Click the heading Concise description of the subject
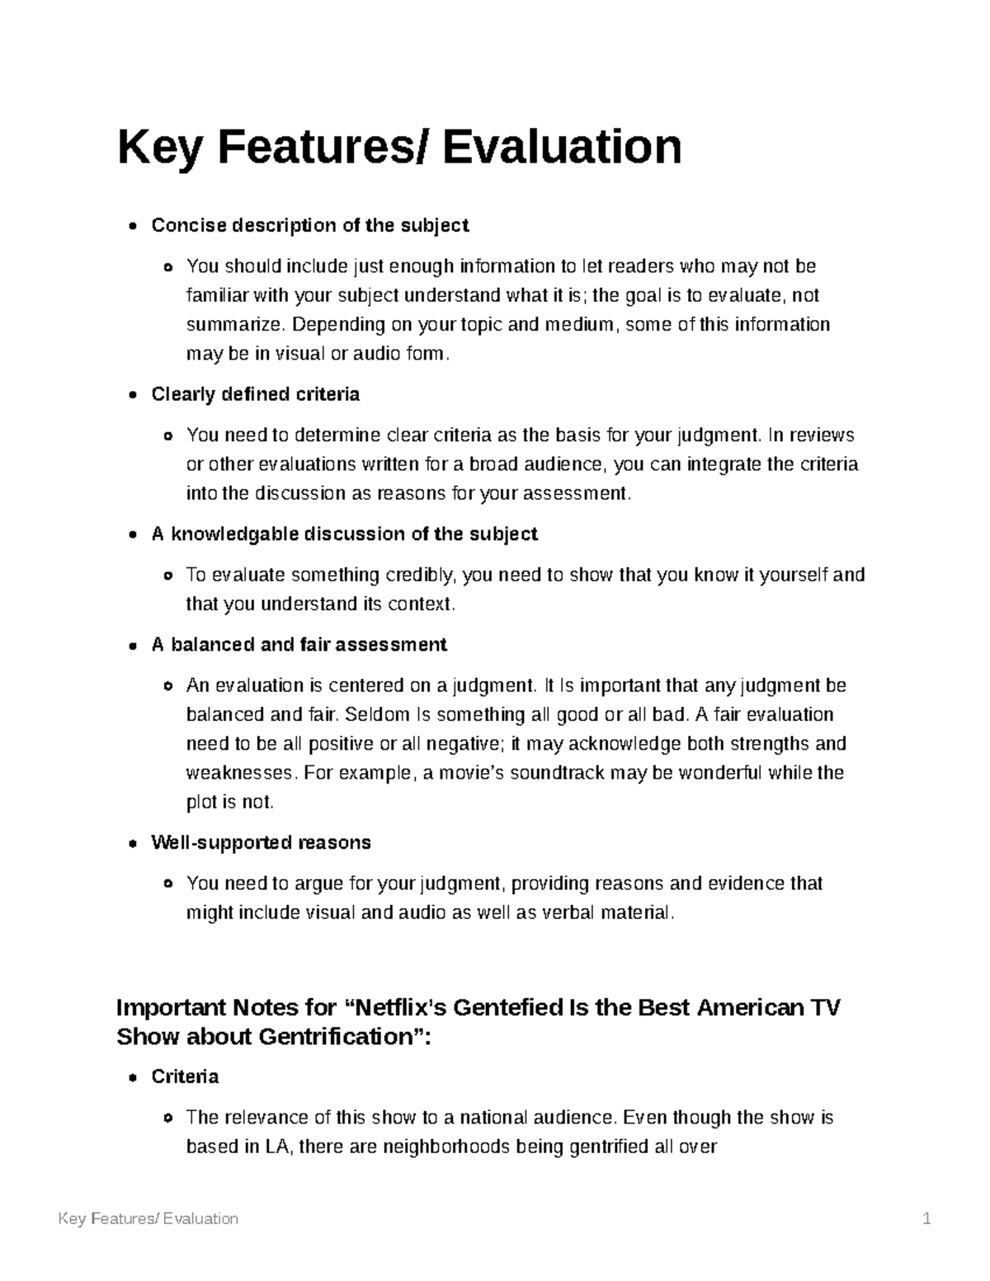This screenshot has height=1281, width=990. tap(310, 225)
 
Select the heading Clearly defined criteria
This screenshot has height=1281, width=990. tap(256, 394)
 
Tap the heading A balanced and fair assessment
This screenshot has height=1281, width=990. tap(299, 644)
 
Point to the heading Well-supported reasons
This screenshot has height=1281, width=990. tap(261, 842)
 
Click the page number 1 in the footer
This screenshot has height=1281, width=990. tap(927, 1218)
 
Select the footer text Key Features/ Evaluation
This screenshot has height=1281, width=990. tap(148, 1218)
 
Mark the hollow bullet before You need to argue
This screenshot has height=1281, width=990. tap(168, 883)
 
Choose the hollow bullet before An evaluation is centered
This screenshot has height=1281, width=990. tap(168, 685)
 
